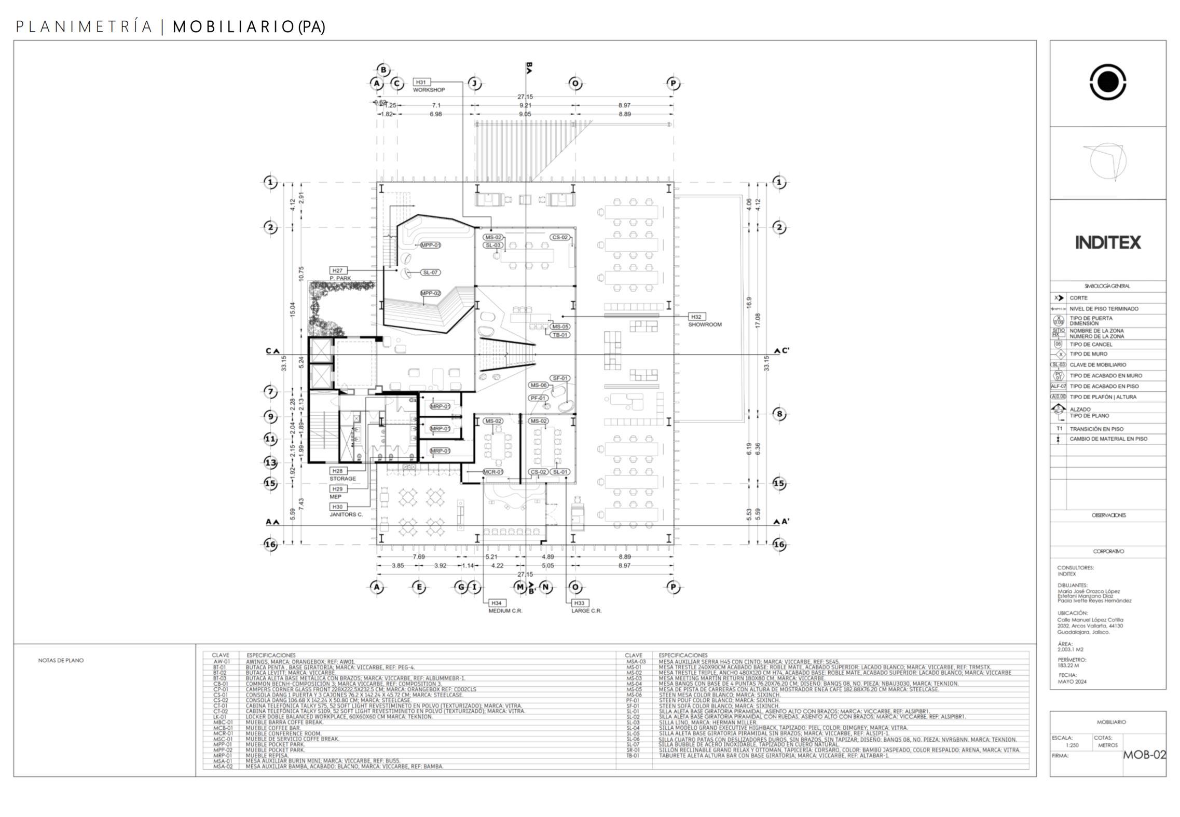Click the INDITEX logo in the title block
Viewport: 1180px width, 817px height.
click(x=1107, y=242)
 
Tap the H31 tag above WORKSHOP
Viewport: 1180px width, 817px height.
click(x=421, y=82)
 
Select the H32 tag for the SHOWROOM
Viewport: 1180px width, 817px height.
click(x=696, y=317)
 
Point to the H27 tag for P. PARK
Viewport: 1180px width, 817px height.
click(x=338, y=270)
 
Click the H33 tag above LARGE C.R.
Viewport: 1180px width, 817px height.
click(x=579, y=603)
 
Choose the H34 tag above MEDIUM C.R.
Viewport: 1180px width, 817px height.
click(x=497, y=603)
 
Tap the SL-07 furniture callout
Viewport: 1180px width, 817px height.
click(x=430, y=273)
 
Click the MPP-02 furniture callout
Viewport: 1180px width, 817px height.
click(x=430, y=293)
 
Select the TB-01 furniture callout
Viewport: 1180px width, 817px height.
click(x=560, y=335)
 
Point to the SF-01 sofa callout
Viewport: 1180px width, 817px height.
click(x=560, y=378)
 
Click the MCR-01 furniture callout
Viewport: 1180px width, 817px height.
click(x=492, y=472)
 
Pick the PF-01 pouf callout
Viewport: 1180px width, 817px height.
click(x=538, y=398)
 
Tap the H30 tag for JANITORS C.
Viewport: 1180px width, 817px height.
click(x=338, y=507)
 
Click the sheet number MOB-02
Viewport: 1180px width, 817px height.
click(x=1144, y=755)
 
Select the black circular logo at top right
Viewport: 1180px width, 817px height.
click(x=1108, y=82)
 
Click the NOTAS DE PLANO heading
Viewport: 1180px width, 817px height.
click(x=61, y=660)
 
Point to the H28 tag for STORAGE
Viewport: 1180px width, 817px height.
click(x=338, y=471)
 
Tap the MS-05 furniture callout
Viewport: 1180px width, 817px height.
click(x=560, y=326)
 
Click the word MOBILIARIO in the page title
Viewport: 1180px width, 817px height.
click(x=234, y=27)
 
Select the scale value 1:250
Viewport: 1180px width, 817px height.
click(x=1072, y=745)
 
